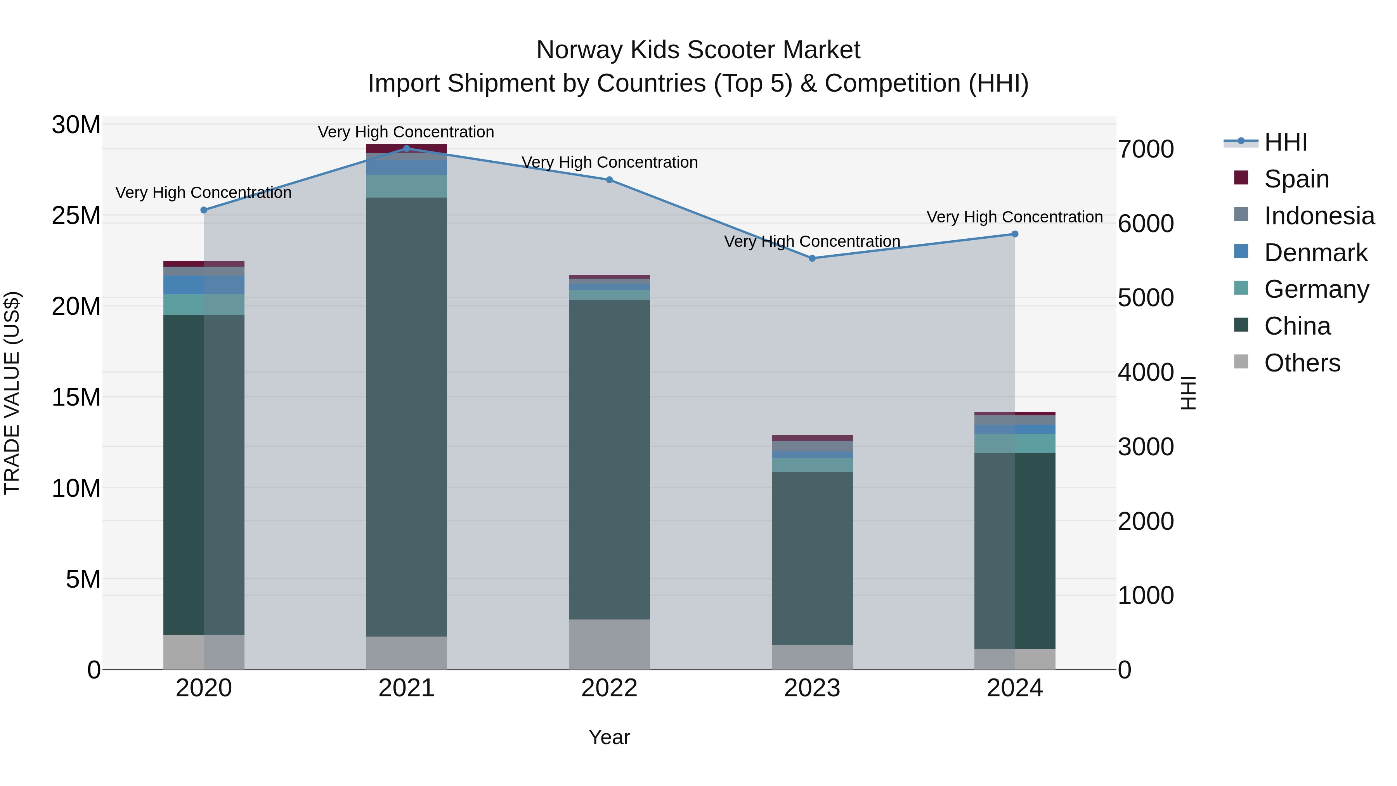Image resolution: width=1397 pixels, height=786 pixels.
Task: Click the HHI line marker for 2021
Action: [x=407, y=148]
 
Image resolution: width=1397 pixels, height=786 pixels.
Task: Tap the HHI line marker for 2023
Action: [x=812, y=258]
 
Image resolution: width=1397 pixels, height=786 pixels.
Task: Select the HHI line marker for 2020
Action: [x=204, y=210]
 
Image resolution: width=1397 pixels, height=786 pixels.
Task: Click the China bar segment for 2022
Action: [x=609, y=460]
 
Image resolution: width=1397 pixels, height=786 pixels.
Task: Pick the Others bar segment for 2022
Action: [x=609, y=644]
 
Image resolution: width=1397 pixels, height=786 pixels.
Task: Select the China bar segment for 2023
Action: [x=812, y=558]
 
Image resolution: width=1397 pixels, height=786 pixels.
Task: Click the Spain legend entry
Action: [x=1296, y=179]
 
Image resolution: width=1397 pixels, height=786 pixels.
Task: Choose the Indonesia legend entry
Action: [x=1319, y=215]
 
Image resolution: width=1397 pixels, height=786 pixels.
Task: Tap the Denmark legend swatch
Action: [x=1241, y=252]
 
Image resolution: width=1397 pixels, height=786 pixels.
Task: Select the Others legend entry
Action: [x=1302, y=363]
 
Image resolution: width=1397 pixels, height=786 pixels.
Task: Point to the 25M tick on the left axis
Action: [x=76, y=216]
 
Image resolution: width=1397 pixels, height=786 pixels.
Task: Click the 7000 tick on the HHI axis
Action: [x=1146, y=149]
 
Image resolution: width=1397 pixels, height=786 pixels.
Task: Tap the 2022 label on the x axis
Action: [x=609, y=688]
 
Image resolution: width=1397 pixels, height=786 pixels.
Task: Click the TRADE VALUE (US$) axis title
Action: [x=12, y=393]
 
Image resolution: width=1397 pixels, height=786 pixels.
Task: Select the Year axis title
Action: [x=609, y=737]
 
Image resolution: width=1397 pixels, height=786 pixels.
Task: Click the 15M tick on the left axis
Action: [x=76, y=397]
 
